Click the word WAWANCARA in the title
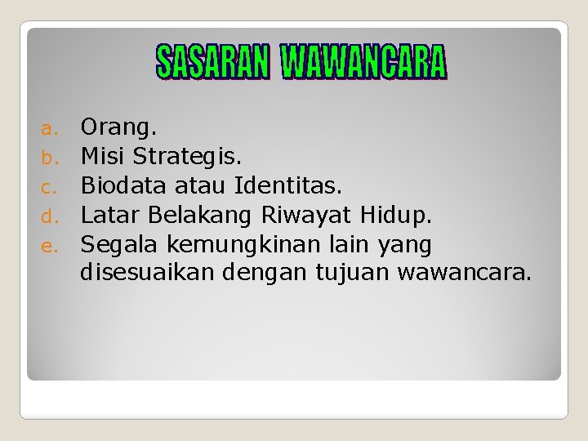363,63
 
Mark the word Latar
111,216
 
